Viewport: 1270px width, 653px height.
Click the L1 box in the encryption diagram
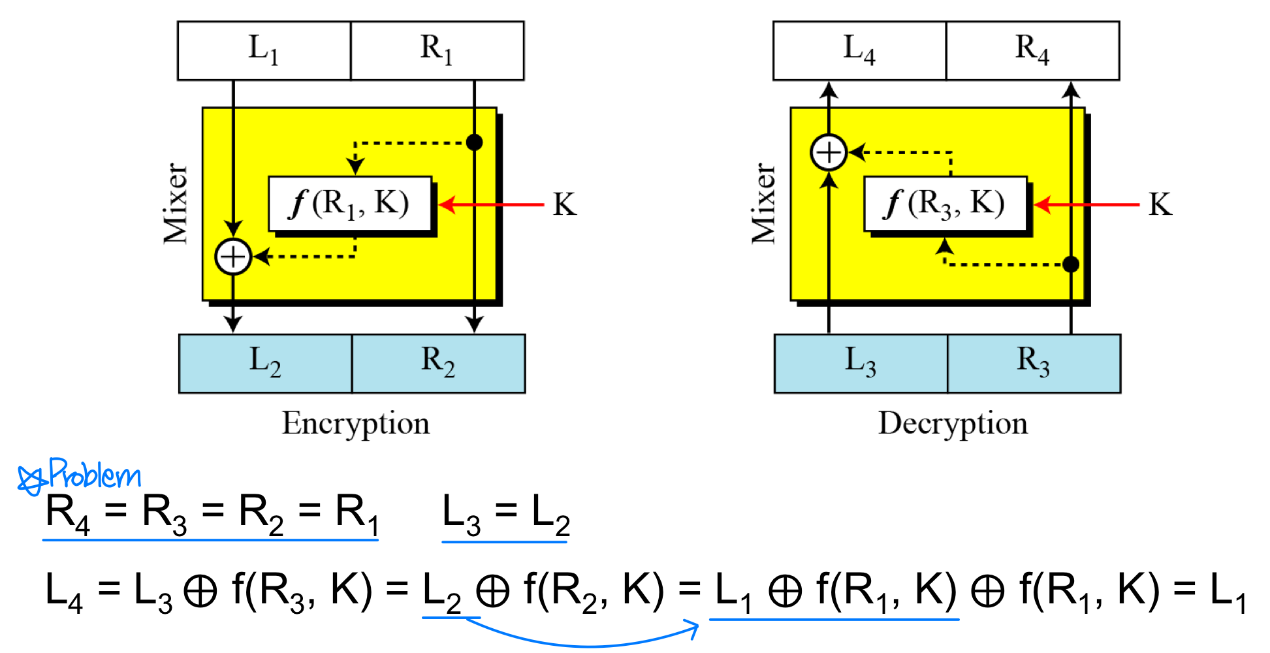(x=264, y=50)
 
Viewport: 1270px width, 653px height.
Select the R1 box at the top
(x=437, y=50)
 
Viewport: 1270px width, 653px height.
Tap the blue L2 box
(x=265, y=364)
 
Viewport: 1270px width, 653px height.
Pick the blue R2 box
(x=438, y=364)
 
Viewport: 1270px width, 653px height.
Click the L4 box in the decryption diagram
(x=859, y=50)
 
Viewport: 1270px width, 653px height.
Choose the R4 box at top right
(x=1032, y=50)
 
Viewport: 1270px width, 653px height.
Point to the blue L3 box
(x=861, y=364)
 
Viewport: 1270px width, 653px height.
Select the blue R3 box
(x=1034, y=364)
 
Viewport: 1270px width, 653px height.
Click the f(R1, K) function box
(x=350, y=204)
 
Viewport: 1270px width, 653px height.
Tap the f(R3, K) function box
(x=945, y=204)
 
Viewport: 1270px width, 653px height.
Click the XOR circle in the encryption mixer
(x=233, y=256)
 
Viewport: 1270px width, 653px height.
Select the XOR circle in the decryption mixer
(x=829, y=153)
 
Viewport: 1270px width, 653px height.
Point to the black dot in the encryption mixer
(x=475, y=142)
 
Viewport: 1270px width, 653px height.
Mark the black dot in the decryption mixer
(x=1071, y=264)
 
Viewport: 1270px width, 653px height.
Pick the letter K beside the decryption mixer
(x=1160, y=204)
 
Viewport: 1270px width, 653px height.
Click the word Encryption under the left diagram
(x=355, y=424)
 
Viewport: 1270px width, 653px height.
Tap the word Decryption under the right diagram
(x=953, y=424)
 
